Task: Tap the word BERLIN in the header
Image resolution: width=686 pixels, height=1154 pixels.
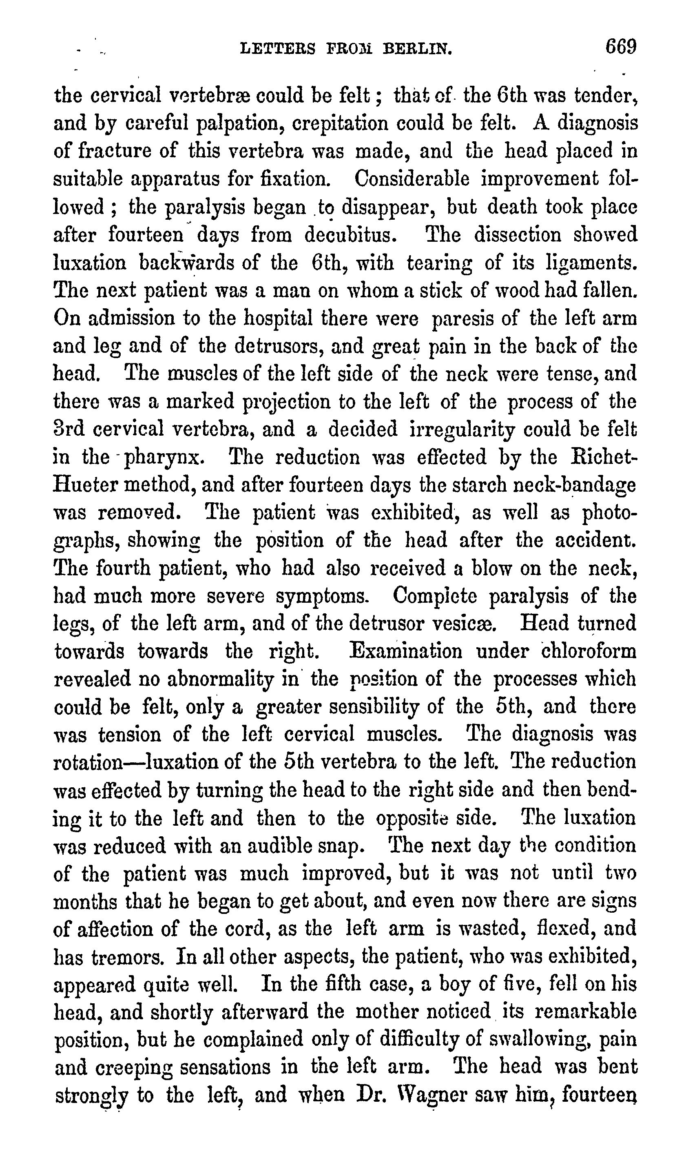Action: coord(417,49)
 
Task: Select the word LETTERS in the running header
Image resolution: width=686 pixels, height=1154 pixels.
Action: coord(278,49)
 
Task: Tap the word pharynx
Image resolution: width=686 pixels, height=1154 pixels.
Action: coord(164,458)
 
